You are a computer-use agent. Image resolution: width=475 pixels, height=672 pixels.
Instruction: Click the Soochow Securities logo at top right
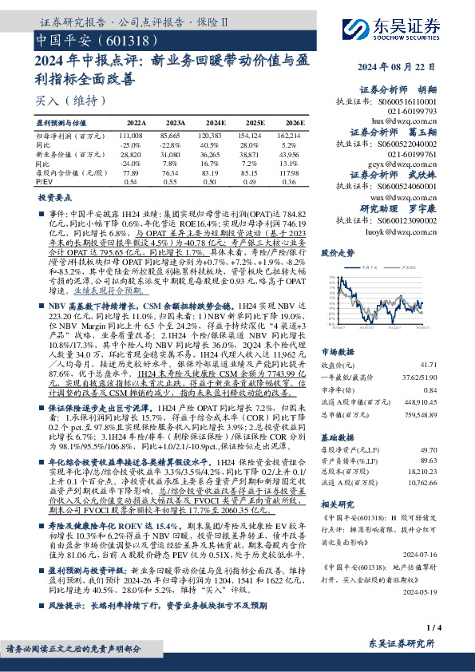point(410,22)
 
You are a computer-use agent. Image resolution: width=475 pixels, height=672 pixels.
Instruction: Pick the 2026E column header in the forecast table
point(294,123)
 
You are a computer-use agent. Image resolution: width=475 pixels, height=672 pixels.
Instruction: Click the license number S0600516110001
point(409,103)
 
